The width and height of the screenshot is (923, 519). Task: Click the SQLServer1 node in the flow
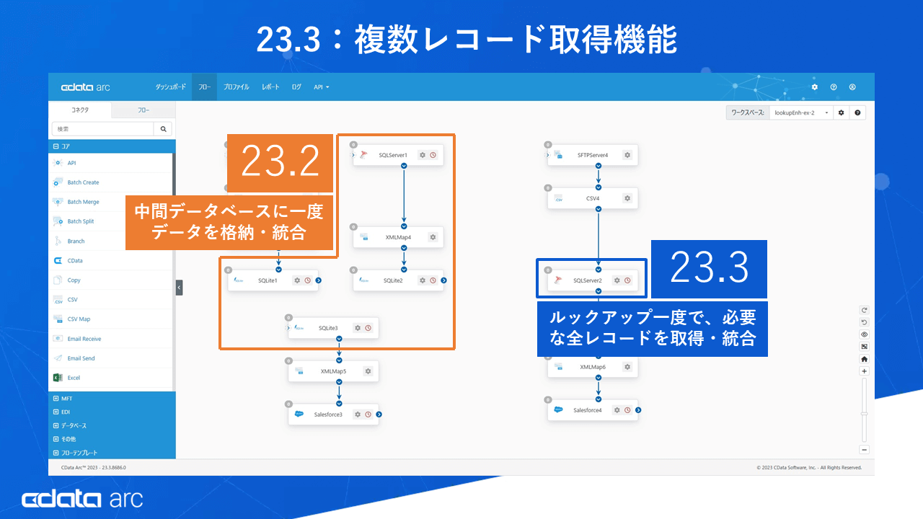pyautogui.click(x=393, y=155)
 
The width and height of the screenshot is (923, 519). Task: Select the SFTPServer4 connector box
pyautogui.click(x=592, y=155)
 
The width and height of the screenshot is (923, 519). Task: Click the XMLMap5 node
pyautogui.click(x=333, y=371)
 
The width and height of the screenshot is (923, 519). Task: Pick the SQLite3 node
pyautogui.click(x=328, y=328)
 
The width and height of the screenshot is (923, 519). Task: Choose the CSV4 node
pyautogui.click(x=592, y=198)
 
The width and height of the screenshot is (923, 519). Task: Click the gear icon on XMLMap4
pyautogui.click(x=433, y=237)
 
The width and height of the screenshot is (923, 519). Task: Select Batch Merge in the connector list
pyautogui.click(x=83, y=202)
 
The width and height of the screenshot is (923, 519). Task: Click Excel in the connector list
pyautogui.click(x=74, y=378)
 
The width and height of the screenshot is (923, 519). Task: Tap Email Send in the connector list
pyautogui.click(x=81, y=358)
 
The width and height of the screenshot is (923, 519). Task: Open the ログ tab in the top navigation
pyautogui.click(x=296, y=87)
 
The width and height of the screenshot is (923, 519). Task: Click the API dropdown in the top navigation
pyautogui.click(x=321, y=87)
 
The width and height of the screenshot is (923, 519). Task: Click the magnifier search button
pyautogui.click(x=164, y=129)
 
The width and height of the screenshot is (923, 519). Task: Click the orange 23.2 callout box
pyautogui.click(x=281, y=163)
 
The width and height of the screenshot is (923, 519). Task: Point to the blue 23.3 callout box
pyautogui.click(x=709, y=269)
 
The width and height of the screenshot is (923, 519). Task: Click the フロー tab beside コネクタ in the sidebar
pyautogui.click(x=143, y=110)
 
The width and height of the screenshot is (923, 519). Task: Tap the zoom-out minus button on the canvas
pyautogui.click(x=865, y=449)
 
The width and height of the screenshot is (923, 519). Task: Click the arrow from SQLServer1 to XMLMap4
pyautogui.click(x=404, y=195)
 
